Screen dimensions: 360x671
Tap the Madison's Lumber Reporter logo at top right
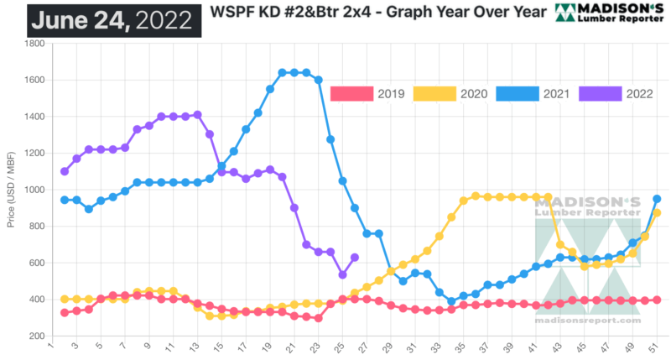(611, 13)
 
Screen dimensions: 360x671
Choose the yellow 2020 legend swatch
(434, 93)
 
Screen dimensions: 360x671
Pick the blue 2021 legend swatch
(517, 93)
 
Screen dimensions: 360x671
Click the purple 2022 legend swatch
(599, 93)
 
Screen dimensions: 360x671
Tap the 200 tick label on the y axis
(37, 336)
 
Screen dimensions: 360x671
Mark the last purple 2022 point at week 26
(355, 258)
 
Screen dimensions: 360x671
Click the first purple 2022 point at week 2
(65, 171)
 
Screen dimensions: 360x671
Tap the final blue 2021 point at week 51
(658, 199)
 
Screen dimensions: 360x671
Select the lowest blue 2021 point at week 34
(451, 301)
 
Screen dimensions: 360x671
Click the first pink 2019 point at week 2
(65, 312)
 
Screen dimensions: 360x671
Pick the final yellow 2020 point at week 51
(658, 213)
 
